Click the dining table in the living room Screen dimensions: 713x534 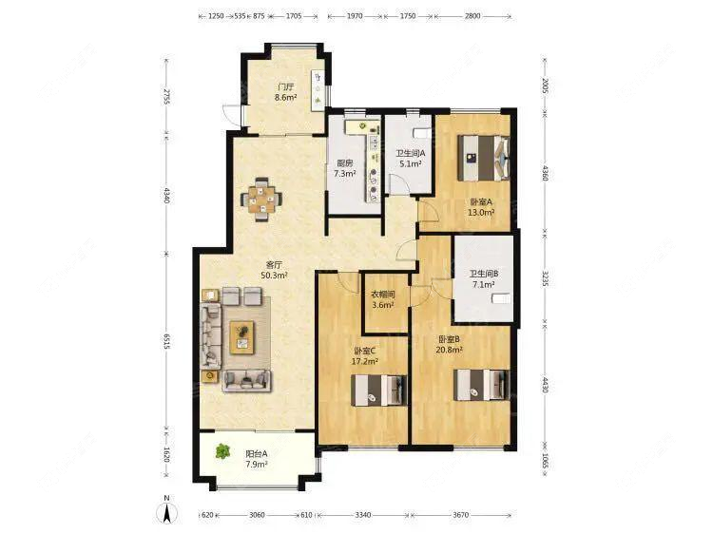pos(261,199)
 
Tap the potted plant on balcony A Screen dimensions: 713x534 pos(222,451)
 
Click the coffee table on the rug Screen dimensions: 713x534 pos(241,337)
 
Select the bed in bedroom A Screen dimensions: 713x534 pos(484,158)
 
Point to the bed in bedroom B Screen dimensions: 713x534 pos(482,385)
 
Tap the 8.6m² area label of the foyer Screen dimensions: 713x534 pos(285,97)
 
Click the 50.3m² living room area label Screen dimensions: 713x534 pos(274,275)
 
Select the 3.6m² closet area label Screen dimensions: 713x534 pos(383,305)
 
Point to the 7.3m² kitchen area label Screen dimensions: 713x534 pos(345,173)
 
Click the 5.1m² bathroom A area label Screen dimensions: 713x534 pos(410,163)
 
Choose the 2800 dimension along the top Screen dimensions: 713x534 pos(472,16)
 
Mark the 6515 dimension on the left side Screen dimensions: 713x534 pos(167,341)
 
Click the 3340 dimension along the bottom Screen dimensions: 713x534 pos(363,515)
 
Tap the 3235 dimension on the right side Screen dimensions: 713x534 pos(546,278)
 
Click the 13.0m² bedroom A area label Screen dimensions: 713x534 pos(482,212)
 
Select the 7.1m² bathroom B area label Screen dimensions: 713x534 pos(484,284)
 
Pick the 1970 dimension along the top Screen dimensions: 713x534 pos(355,16)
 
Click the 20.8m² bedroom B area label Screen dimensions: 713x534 pos(450,350)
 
